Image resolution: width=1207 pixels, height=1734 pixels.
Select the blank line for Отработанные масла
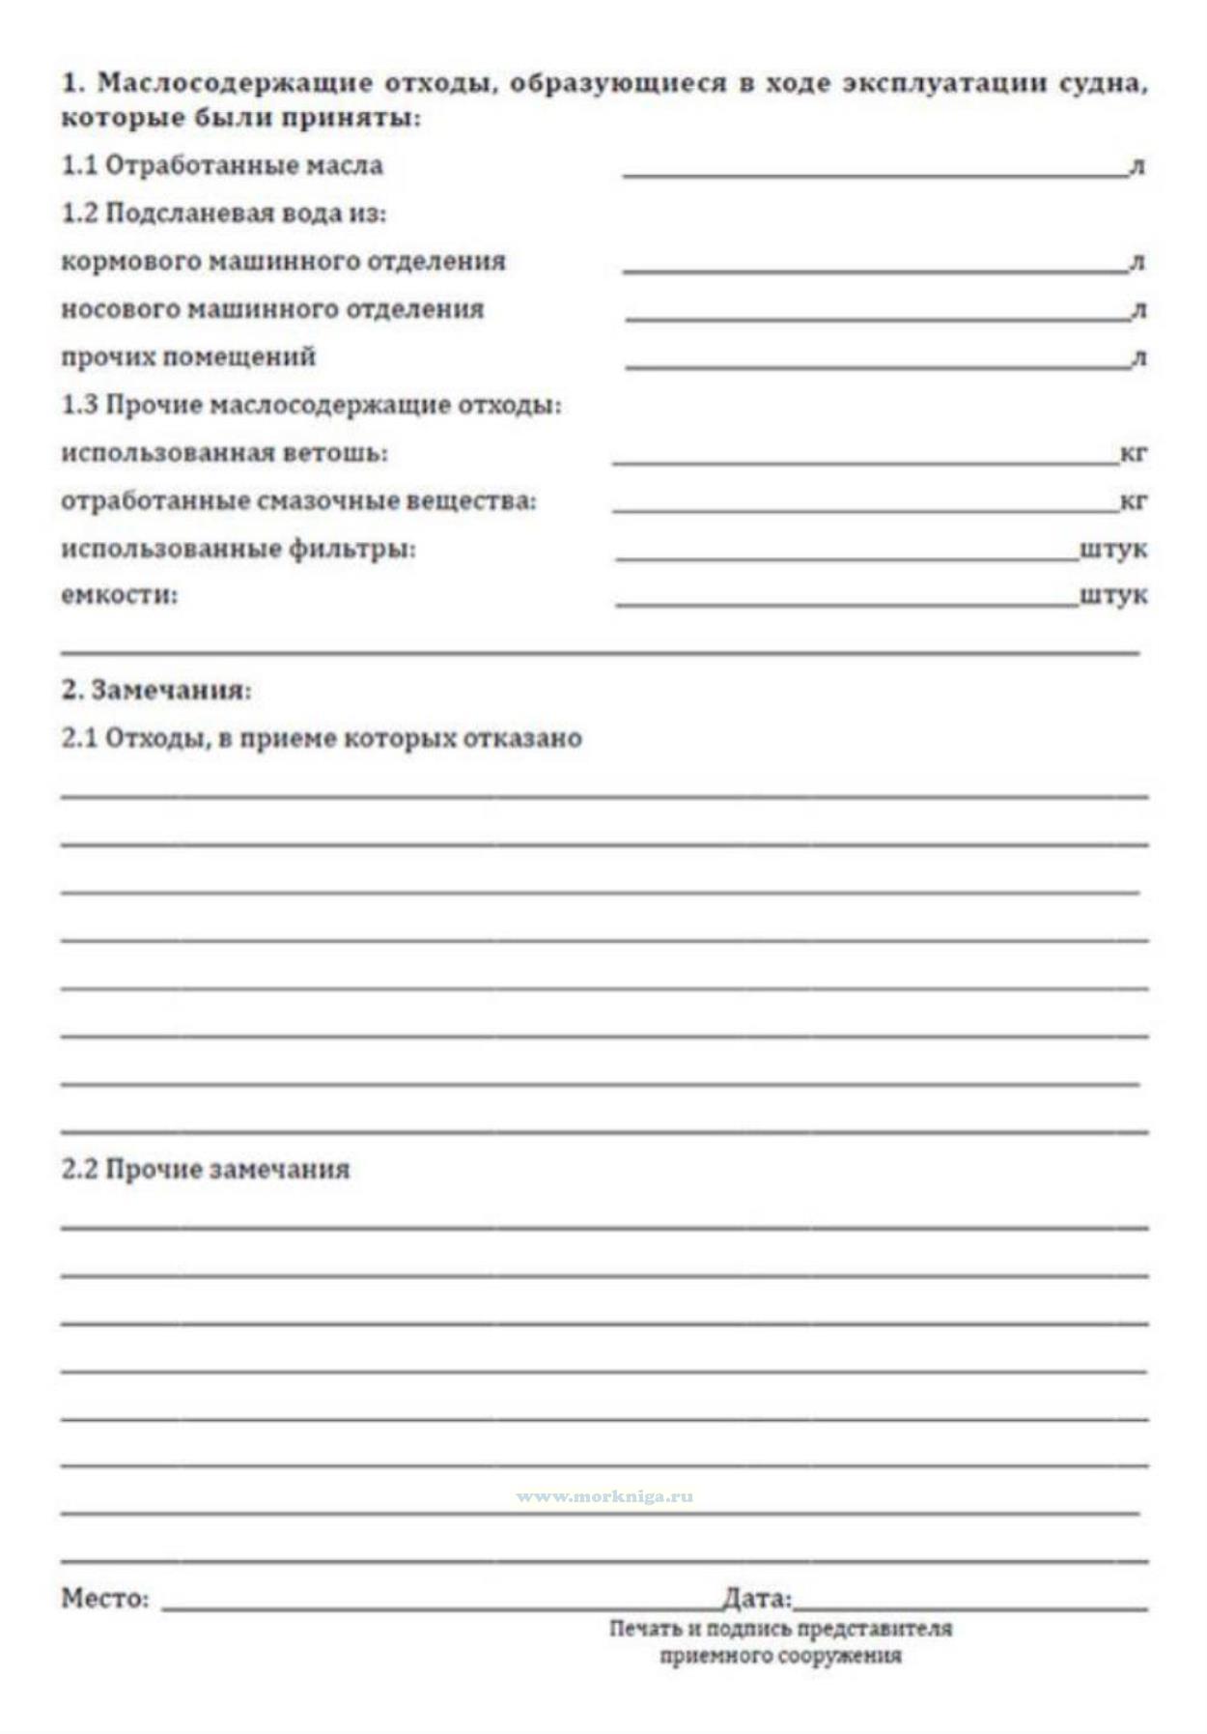point(874,174)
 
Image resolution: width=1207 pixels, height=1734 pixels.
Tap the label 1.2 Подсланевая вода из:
point(223,213)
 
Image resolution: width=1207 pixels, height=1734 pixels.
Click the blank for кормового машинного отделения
point(874,270)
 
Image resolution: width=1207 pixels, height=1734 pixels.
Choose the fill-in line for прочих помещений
point(877,365)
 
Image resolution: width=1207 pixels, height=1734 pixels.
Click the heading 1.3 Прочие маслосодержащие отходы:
point(311,404)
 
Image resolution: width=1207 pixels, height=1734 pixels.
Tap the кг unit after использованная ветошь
point(1133,452)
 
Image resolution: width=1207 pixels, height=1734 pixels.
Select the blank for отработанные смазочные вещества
point(864,508)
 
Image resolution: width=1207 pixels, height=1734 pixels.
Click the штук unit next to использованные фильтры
point(1113,549)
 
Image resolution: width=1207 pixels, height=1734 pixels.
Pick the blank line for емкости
point(846,604)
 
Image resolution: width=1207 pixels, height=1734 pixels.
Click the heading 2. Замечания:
point(156,690)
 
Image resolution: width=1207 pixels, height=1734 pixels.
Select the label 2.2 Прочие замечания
point(205,1169)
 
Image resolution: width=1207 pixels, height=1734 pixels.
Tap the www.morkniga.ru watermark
point(604,1496)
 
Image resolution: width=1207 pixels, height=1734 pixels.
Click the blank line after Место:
point(439,1608)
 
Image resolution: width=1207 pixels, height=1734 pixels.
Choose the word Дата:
point(757,1599)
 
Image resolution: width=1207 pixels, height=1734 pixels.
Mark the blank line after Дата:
point(969,1608)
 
